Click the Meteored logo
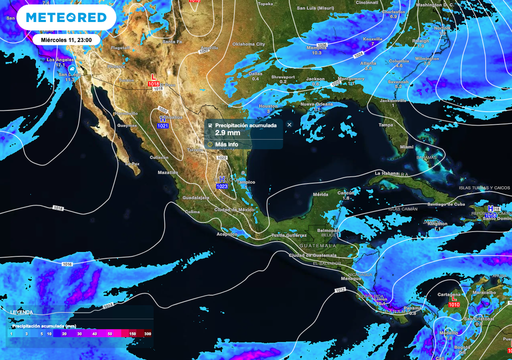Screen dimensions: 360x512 click(66, 17)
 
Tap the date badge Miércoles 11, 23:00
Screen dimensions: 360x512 click(69, 39)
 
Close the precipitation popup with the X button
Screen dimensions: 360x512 click(289, 124)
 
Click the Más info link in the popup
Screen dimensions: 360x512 click(226, 144)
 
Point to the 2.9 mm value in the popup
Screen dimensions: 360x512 click(227, 133)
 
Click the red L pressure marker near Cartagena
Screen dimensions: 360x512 click(454, 299)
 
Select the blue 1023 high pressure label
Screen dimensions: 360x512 click(222, 186)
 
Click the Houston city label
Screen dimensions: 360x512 click(268, 106)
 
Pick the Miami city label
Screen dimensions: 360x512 click(406, 147)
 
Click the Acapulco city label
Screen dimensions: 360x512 click(226, 234)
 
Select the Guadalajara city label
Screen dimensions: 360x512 click(196, 198)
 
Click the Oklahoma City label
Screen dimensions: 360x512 click(248, 44)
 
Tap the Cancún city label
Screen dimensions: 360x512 click(345, 193)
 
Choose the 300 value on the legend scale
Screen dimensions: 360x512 click(147, 333)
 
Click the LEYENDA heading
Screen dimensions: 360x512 click(21, 312)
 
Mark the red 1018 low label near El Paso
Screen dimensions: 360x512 click(154, 83)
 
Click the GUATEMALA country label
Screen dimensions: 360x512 click(318, 246)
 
